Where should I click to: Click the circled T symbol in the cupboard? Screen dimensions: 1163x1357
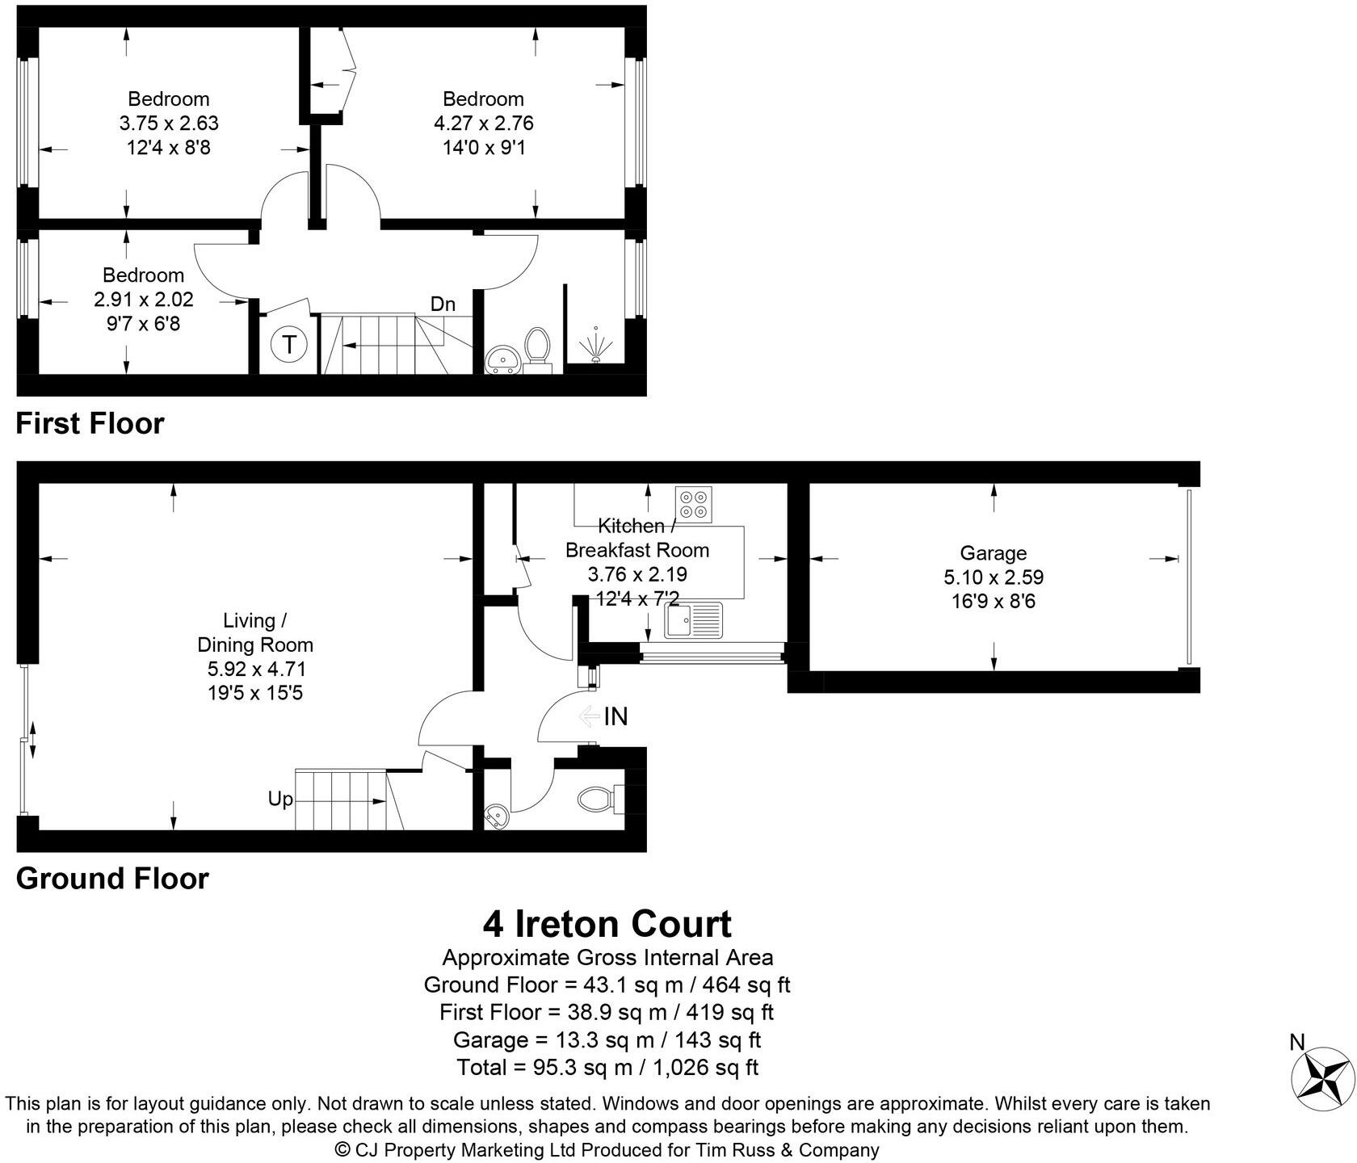pos(288,346)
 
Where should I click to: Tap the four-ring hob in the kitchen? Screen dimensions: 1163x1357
pos(694,504)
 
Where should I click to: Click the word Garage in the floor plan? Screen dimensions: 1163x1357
pos(993,553)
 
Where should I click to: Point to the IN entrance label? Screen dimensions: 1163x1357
pos(615,716)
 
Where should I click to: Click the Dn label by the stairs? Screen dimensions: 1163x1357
pos(443,304)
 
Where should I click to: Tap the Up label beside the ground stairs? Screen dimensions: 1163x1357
pos(280,800)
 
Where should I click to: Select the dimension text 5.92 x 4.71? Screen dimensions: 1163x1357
pos(256,669)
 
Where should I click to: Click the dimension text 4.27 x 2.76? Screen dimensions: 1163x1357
pos(483,124)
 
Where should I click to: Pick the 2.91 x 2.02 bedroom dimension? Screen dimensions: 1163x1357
pos(144,300)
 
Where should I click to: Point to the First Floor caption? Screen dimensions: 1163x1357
pos(90,423)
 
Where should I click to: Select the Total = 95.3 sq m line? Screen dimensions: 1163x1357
pos(607,1068)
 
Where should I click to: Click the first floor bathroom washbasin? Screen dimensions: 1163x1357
pos(504,359)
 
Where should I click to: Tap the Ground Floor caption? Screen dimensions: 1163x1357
pos(112,879)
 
